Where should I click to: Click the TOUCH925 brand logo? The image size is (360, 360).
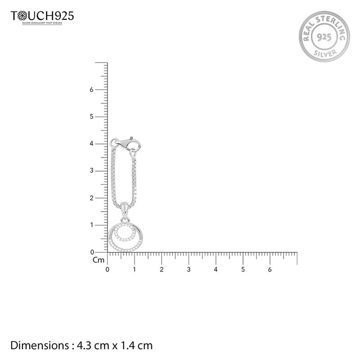[42, 16]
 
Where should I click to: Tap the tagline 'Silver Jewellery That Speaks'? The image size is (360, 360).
[42, 23]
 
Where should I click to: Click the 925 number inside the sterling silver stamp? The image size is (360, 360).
[324, 37]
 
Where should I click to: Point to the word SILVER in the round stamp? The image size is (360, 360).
[325, 53]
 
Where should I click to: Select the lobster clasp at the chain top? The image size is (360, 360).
[127, 143]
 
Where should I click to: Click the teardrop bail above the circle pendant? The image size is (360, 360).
[124, 208]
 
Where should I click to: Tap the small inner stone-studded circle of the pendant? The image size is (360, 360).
[125, 232]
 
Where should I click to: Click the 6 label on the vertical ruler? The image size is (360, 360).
[92, 90]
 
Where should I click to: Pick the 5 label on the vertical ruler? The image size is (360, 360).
[92, 117]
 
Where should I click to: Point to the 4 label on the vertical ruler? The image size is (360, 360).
[92, 144]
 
